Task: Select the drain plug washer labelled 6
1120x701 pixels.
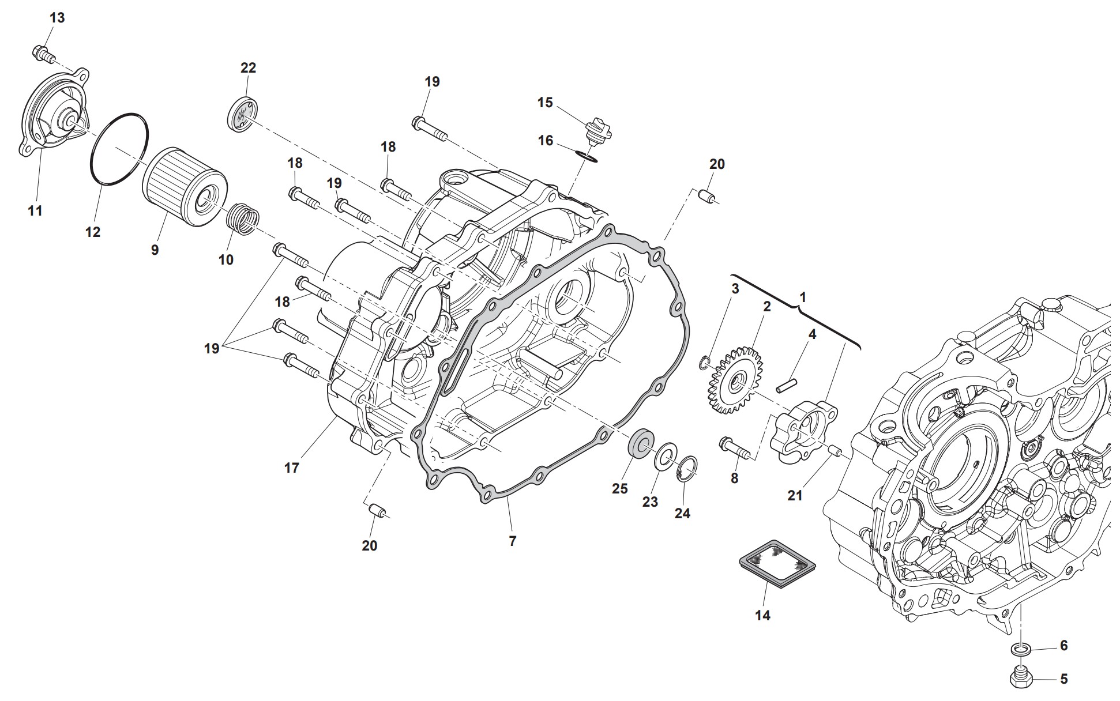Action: [x=1021, y=649]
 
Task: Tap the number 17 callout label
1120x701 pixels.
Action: [x=292, y=468]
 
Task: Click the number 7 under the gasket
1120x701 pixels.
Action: [x=513, y=541]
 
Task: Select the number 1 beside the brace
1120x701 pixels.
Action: [x=802, y=297]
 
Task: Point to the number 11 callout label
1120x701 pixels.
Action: [x=35, y=211]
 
